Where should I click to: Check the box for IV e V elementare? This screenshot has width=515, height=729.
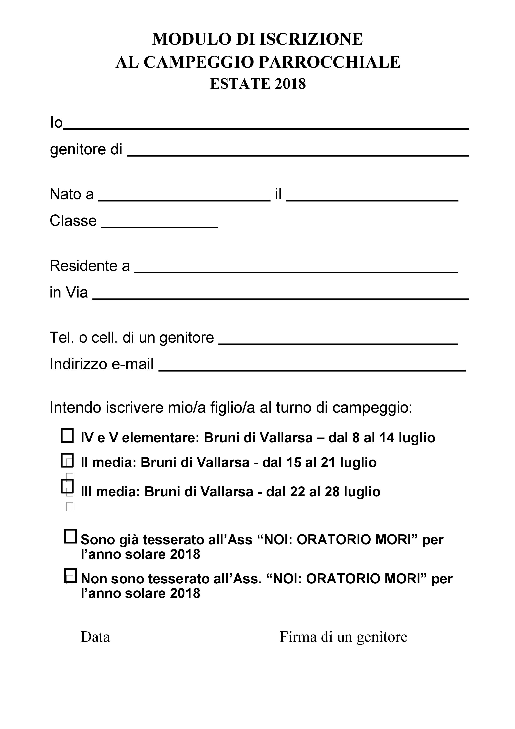click(67, 436)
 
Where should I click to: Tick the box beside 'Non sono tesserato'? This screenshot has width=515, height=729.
click(70, 576)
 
